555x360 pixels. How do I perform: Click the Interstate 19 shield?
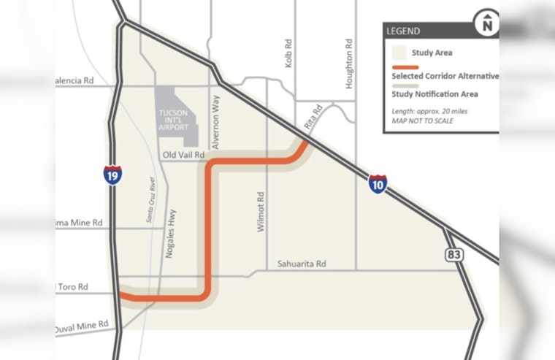112,175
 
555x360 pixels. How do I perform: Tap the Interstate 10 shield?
378,185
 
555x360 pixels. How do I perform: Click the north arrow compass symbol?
487,23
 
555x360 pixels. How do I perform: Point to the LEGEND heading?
403,31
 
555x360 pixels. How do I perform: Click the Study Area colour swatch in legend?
399,53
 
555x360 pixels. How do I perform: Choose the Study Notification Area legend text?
435,94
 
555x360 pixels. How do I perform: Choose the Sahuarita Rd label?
301,264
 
